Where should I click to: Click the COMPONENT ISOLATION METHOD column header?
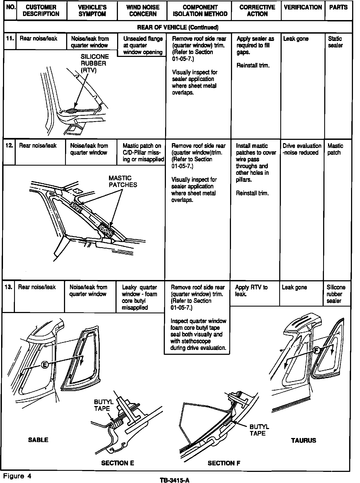click(200, 11)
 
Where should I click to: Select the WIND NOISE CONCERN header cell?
click(143, 11)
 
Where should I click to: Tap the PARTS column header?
click(338, 8)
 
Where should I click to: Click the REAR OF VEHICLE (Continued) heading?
click(178, 27)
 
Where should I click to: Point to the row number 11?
click(10, 38)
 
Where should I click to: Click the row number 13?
click(8, 287)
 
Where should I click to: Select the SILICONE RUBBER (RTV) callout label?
click(95, 63)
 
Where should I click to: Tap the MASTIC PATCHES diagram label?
click(123, 182)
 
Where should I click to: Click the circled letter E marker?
click(45, 365)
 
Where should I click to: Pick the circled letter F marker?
click(316, 351)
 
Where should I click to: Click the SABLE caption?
click(38, 440)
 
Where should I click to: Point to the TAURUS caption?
click(304, 440)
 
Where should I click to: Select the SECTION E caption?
click(118, 463)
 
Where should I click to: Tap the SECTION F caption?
click(224, 463)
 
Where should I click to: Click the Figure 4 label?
click(17, 476)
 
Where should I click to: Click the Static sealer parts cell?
click(335, 42)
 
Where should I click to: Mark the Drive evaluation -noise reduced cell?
click(302, 149)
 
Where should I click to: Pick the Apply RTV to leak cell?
click(251, 290)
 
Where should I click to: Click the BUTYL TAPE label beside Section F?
click(259, 430)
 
